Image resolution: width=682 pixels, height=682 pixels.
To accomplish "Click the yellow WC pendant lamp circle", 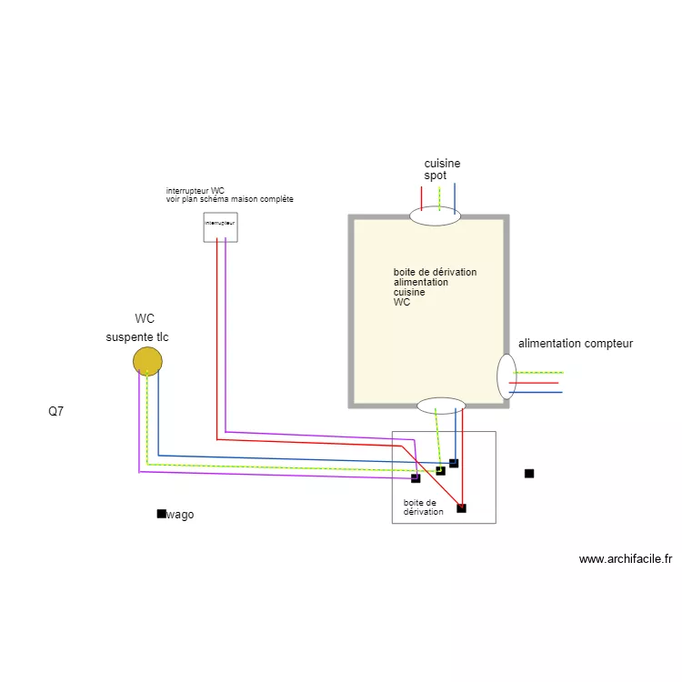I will [x=147, y=361].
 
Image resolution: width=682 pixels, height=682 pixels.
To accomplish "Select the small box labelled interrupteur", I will [x=220, y=227].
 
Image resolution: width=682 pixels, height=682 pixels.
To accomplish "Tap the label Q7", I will [x=56, y=411].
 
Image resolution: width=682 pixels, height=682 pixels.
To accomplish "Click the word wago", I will [x=180, y=515].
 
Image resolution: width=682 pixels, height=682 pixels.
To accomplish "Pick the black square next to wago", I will [x=161, y=514].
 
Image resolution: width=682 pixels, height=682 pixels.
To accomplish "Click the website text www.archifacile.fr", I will [x=625, y=559].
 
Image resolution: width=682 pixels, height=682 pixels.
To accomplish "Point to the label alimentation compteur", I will [x=575, y=344].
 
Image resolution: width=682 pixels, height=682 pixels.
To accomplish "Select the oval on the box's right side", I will [x=506, y=376].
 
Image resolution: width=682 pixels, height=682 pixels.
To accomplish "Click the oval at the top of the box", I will [x=435, y=216].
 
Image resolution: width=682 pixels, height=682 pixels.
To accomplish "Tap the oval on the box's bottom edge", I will [x=441, y=406].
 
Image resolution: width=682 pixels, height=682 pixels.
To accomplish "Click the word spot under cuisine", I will [x=435, y=176].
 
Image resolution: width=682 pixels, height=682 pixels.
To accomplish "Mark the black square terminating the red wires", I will [x=461, y=508].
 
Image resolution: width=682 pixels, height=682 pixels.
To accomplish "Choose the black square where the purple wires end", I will [x=416, y=478].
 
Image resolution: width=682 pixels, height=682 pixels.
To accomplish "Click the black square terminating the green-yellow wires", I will [x=440, y=471].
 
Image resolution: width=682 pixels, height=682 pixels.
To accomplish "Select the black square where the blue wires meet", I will [x=454, y=464].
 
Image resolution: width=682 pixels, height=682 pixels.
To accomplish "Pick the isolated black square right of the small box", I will [x=529, y=473].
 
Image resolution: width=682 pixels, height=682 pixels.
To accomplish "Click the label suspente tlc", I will [x=137, y=337].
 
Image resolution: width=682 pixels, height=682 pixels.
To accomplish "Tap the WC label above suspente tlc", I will [x=145, y=319].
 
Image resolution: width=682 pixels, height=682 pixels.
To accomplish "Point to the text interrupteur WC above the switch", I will [x=195, y=191].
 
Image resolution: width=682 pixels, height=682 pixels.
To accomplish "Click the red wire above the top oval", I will [x=422, y=196].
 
